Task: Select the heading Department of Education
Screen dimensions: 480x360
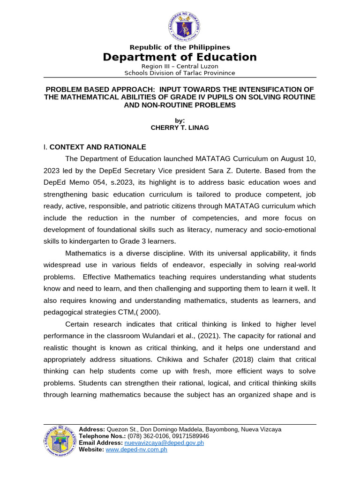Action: [x=180, y=57]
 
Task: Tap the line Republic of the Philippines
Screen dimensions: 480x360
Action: [x=180, y=47]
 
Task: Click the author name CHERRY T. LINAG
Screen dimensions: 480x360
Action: [x=180, y=127]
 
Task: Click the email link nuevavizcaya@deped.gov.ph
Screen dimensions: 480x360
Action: [x=164, y=442]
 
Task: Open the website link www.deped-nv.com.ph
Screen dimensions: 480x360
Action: [x=136, y=450]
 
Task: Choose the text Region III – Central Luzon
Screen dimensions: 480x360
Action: [x=180, y=67]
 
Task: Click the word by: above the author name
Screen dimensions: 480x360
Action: [x=180, y=120]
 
